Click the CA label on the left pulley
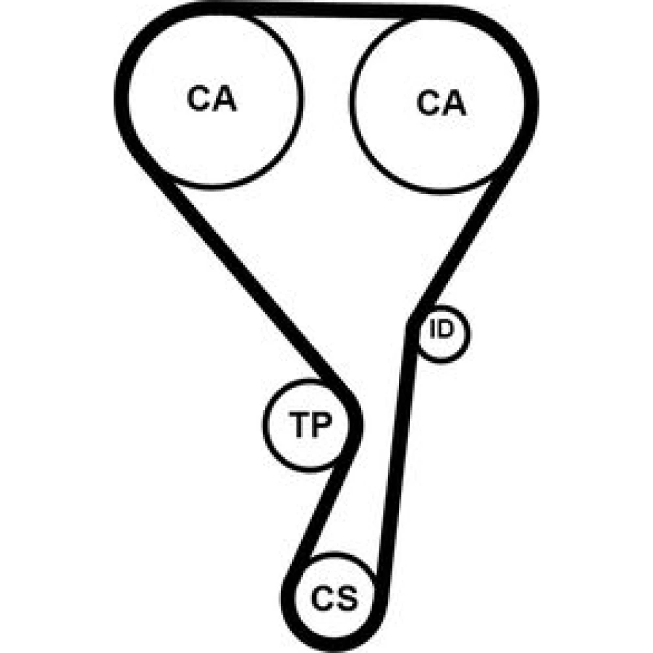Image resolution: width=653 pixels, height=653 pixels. tap(212, 99)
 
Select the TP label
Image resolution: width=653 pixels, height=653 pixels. tap(310, 425)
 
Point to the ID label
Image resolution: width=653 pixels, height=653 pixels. tap(441, 328)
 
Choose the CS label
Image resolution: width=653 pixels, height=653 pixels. tap(334, 598)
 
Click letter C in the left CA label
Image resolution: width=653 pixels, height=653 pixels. tap(199, 99)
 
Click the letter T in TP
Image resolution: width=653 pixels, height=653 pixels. tap(300, 425)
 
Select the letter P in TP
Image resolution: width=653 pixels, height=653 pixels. tap(322, 425)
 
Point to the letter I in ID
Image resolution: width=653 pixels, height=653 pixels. tap(432, 328)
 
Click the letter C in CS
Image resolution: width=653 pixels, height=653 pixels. tap(323, 598)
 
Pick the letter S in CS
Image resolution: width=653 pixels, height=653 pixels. tap(347, 598)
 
